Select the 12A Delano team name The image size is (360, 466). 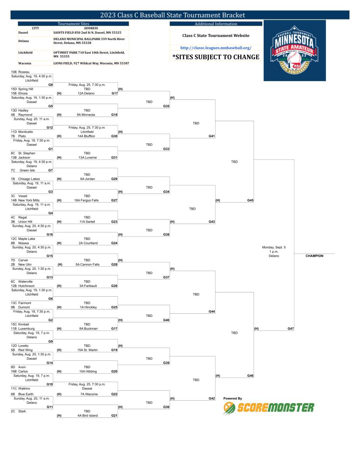[x=87, y=93]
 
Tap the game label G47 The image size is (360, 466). [x=290, y=329]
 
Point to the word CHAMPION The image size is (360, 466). [x=314, y=256]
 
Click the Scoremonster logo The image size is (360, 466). [x=269, y=407]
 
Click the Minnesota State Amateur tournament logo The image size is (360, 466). [x=294, y=51]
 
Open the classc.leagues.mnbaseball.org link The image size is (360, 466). [x=216, y=48]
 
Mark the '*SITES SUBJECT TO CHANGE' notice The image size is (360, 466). [x=216, y=57]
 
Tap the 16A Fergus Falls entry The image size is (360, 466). [x=87, y=200]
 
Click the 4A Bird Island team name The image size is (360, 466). [x=87, y=416]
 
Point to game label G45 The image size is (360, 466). [x=250, y=200]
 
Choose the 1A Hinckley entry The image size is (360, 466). [x=87, y=307]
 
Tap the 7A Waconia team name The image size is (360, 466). [x=87, y=394]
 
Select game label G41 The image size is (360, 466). [x=212, y=136]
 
